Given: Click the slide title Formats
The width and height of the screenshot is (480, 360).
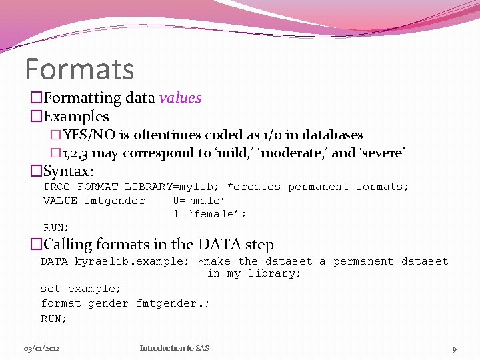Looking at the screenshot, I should (x=79, y=69).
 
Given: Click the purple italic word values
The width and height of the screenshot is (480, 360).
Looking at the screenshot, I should (x=180, y=98).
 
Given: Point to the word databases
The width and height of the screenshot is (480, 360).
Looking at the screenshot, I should (x=332, y=135).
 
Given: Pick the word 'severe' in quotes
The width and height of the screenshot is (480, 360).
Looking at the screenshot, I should (x=382, y=153).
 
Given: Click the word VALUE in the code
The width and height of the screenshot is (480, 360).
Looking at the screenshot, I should (x=60, y=201).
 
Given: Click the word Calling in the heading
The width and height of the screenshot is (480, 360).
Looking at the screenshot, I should (x=69, y=245).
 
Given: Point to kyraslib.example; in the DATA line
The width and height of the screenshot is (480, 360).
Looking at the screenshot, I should (x=132, y=261).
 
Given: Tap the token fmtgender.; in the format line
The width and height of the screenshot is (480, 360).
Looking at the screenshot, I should (x=173, y=303).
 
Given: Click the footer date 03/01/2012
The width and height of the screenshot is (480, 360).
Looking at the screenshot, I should (x=43, y=348).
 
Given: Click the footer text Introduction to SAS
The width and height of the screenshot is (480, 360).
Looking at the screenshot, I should (x=174, y=348).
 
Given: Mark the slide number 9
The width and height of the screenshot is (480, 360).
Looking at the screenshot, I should (x=454, y=349).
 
